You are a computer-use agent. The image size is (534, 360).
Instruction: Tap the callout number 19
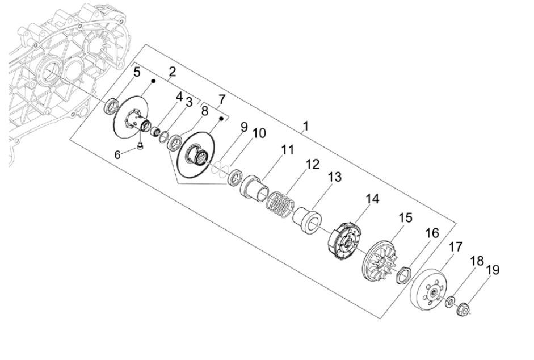(493, 269)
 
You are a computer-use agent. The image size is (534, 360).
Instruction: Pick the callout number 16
(432, 233)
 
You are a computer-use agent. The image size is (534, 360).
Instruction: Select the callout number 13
(334, 177)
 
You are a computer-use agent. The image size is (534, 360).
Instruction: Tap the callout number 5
(137, 72)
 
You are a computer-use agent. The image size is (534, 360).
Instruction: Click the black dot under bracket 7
(222, 118)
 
